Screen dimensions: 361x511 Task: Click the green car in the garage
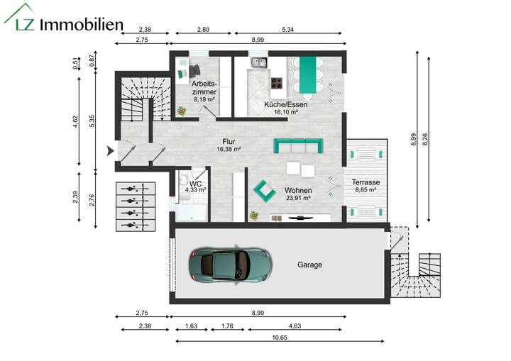(229, 265)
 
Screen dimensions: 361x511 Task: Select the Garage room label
(309, 265)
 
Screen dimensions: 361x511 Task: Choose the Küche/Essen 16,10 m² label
(280, 108)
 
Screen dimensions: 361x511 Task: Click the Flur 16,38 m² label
(229, 145)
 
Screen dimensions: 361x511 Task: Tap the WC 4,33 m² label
(195, 187)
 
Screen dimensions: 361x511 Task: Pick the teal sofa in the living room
(298, 145)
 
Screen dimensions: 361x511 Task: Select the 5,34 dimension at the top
(288, 30)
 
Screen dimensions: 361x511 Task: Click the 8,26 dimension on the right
(424, 140)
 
